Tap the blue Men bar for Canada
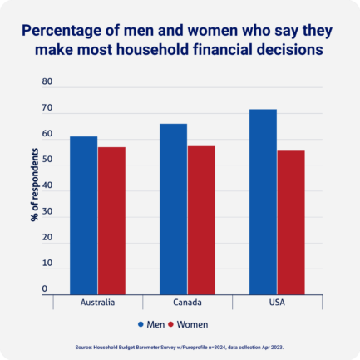click(173, 209)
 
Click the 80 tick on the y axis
click(47, 82)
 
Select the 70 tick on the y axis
click(47, 108)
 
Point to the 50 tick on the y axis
click(47, 160)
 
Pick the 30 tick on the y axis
click(47, 212)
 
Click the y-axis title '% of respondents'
click(34, 185)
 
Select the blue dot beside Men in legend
click(141, 323)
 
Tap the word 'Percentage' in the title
click(60, 31)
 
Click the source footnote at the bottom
click(180, 346)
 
